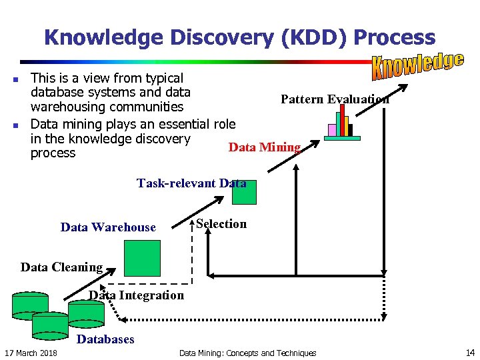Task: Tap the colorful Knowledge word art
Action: point(417,63)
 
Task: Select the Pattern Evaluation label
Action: point(335,99)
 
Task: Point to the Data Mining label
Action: point(265,147)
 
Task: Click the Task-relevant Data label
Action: point(191,183)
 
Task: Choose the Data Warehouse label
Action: point(108,227)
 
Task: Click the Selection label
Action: point(221,224)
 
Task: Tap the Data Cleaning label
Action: point(61,267)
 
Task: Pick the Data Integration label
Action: point(137,295)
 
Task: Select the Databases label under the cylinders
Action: point(106,339)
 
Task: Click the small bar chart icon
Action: point(342,123)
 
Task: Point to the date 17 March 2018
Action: point(31,353)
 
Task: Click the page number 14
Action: point(470,353)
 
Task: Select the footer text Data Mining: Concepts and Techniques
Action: point(247,353)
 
